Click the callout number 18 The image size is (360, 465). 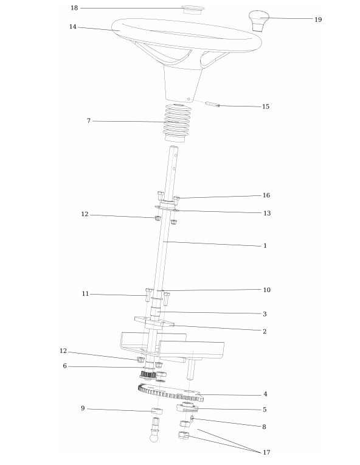point(74,8)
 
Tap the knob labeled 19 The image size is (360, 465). point(259,21)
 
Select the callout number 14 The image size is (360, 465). point(73,27)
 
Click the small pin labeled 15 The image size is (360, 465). point(213,105)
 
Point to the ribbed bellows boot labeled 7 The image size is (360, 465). point(177,123)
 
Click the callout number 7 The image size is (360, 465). point(89,121)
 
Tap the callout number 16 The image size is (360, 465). point(266,195)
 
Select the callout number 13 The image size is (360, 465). point(267,213)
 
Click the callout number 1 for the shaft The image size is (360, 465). point(265,245)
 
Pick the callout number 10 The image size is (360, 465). point(267,290)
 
